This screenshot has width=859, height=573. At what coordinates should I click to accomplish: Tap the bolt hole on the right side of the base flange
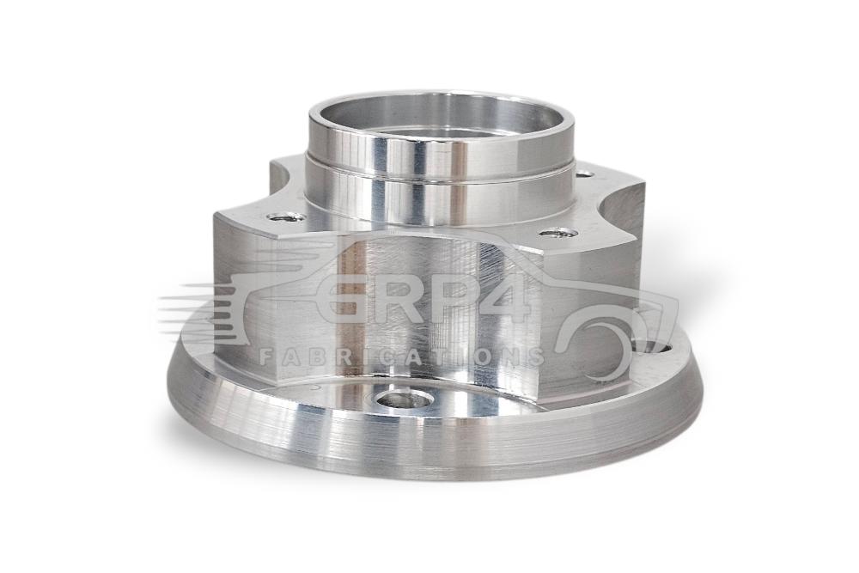[x=649, y=349]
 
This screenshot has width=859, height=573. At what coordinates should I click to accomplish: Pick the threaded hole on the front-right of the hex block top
[x=555, y=234]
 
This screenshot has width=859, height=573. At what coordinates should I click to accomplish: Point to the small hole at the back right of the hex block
[x=586, y=174]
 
